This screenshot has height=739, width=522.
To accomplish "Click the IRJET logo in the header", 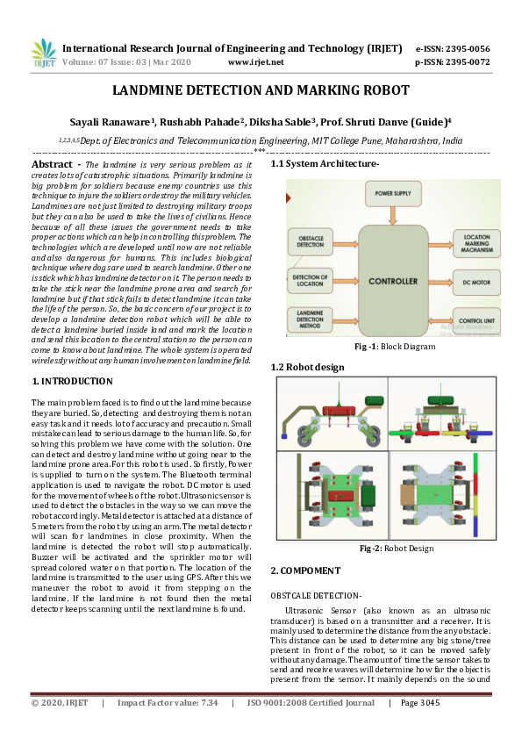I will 43,54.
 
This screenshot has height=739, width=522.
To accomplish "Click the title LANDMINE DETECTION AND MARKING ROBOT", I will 261,90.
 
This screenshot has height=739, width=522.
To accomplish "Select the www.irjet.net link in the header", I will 255,62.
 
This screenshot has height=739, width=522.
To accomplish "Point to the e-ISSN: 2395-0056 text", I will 452,49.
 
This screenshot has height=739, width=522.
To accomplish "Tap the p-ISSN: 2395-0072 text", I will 452,62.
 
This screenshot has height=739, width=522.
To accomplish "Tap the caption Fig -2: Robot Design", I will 384,549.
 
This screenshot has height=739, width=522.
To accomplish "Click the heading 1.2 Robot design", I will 307,367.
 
